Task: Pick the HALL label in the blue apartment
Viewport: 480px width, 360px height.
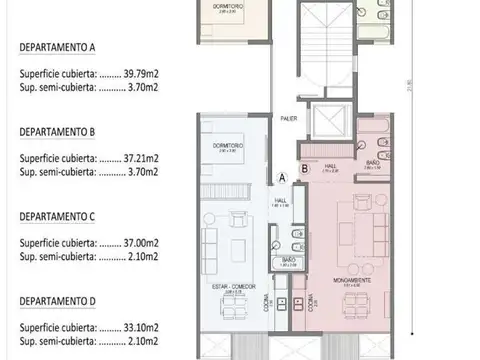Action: point(279,200)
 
